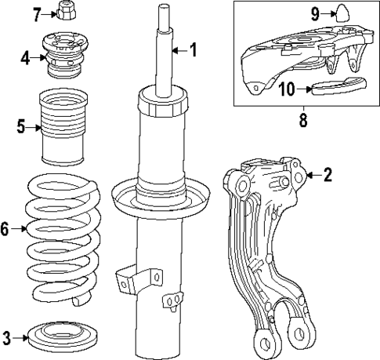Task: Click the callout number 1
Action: tap(193, 52)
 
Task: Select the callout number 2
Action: tap(328, 176)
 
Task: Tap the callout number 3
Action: tap(7, 339)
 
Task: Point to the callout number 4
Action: tap(25, 57)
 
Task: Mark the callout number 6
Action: tap(6, 229)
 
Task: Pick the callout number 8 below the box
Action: tap(302, 121)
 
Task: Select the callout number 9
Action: tap(314, 13)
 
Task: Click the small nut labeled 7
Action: tap(67, 13)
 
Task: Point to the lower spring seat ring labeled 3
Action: tap(60, 338)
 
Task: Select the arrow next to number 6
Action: tap(20, 229)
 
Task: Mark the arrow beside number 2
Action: tap(313, 176)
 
